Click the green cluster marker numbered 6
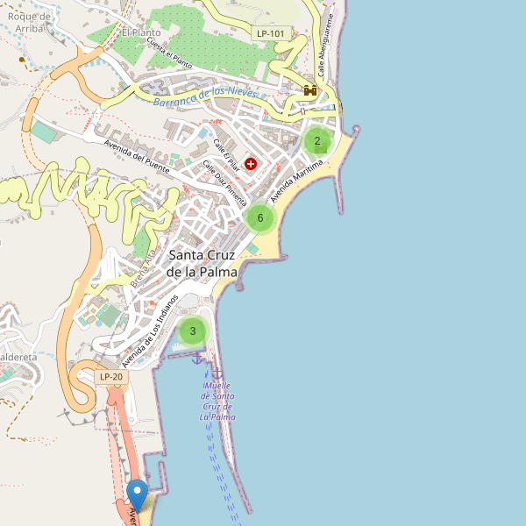(x=259, y=218)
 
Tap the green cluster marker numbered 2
(x=317, y=140)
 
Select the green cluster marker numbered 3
(x=192, y=331)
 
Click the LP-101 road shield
(x=271, y=33)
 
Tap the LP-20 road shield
(x=112, y=377)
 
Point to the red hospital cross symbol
(x=251, y=164)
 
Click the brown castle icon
(x=309, y=90)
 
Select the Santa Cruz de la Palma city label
(x=203, y=263)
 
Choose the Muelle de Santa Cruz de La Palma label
(x=217, y=401)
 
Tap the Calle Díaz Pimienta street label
(x=225, y=181)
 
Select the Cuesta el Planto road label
(x=169, y=53)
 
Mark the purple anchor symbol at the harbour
(x=197, y=359)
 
